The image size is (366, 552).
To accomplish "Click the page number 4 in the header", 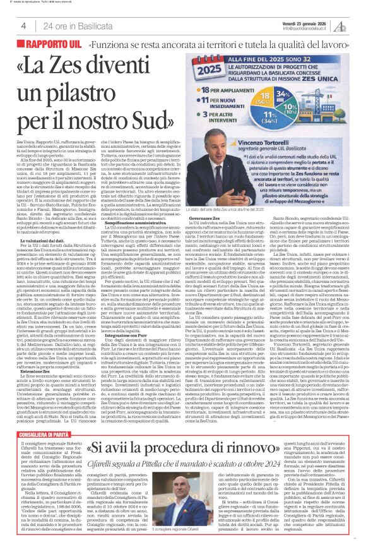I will [x=23, y=26].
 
